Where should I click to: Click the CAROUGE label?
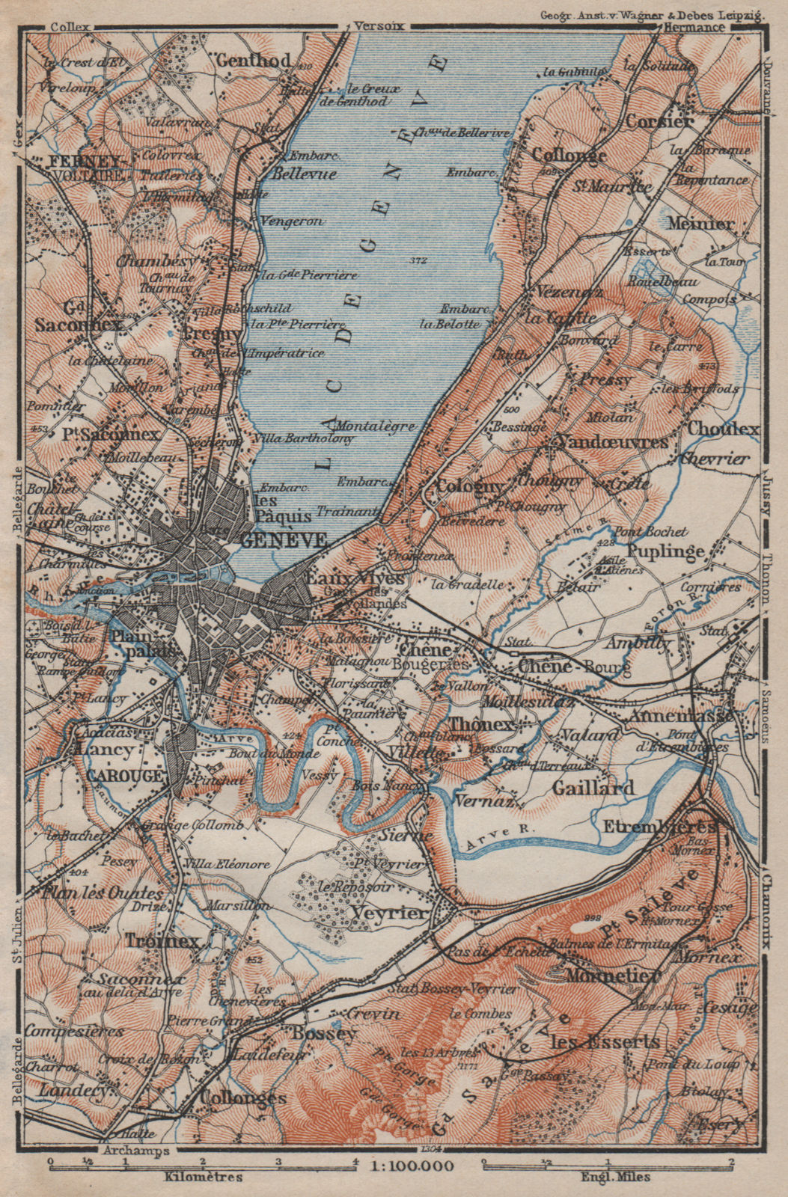coord(124,776)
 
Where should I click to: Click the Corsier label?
coord(659,120)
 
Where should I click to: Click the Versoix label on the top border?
coord(379,25)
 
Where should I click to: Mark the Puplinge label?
coord(666,551)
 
